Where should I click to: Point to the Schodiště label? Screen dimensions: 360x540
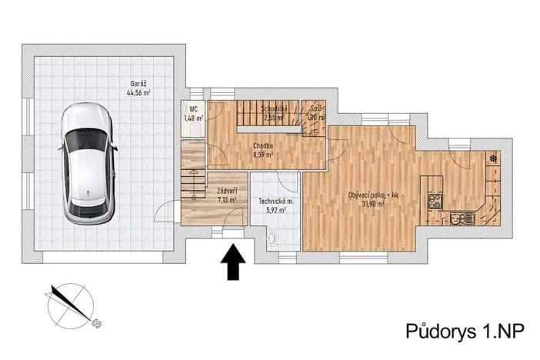[x=274, y=108]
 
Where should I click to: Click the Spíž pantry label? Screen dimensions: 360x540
[x=315, y=108]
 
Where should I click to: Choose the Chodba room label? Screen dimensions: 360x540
[x=264, y=144]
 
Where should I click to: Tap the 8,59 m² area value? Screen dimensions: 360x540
[x=264, y=154]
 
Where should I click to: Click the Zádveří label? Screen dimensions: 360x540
[x=225, y=190]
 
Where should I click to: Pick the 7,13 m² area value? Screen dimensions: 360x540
[x=225, y=199]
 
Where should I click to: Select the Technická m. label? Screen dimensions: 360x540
[x=275, y=199]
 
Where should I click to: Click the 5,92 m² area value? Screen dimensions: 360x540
[x=275, y=208]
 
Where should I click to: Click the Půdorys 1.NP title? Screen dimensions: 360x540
[x=465, y=332]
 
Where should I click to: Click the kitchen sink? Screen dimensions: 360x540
[x=462, y=218]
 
